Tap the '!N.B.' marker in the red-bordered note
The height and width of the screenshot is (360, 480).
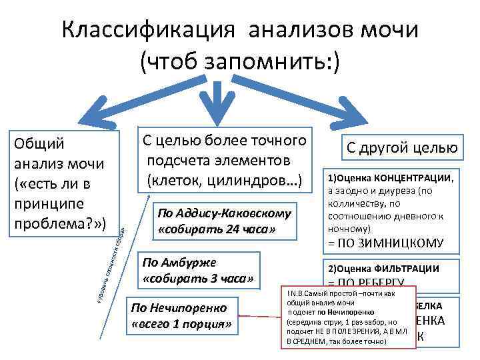point(294,294)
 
